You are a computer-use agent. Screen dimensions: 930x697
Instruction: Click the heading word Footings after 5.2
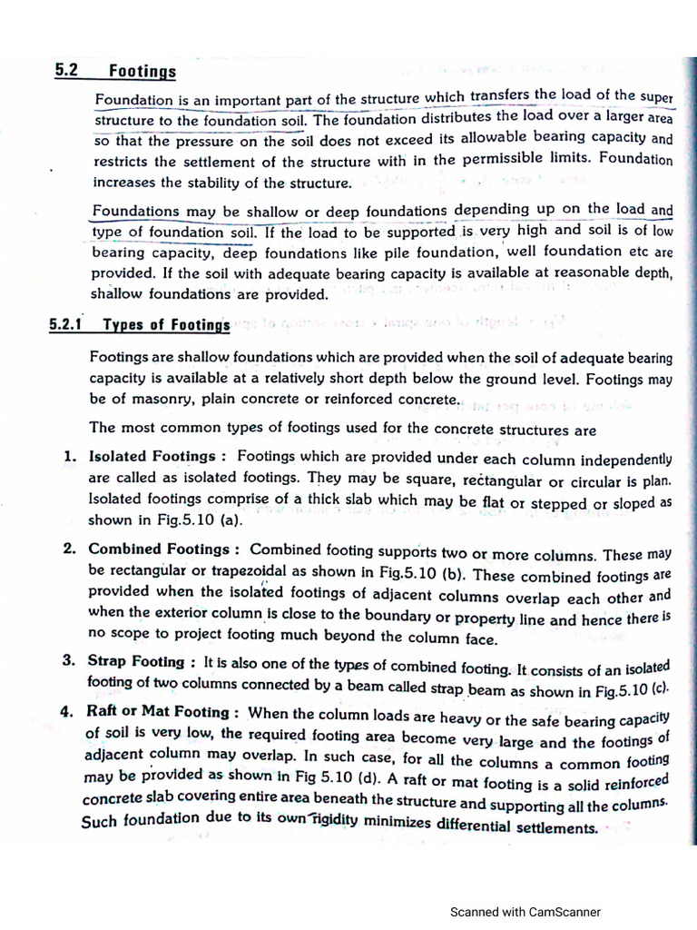(142, 72)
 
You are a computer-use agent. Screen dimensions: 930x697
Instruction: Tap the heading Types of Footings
(167, 325)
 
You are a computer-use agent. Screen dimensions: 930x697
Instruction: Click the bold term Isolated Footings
(152, 457)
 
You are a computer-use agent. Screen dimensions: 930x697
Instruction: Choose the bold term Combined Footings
(159, 549)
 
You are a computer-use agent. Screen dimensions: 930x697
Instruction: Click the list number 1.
(69, 457)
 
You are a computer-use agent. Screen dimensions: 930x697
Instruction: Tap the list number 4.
(67, 713)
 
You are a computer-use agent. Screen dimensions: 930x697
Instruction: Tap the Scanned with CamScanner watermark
(525, 912)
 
